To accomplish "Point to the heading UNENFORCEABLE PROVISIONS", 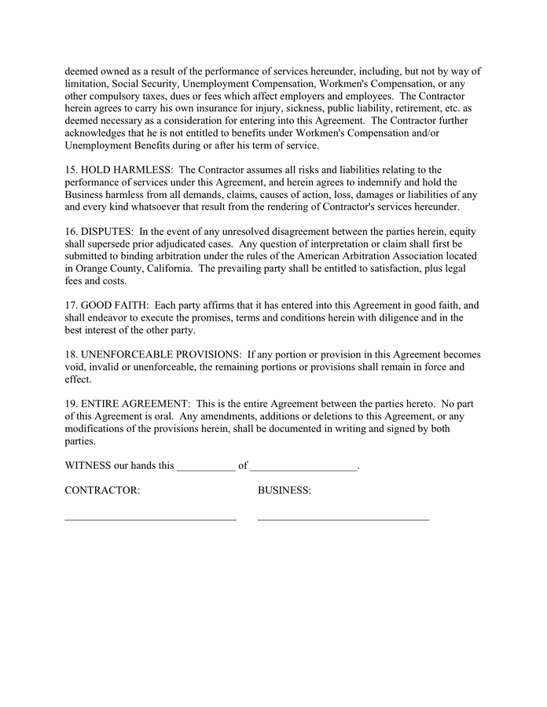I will pos(161,355).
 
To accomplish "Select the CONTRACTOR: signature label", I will pos(102,491).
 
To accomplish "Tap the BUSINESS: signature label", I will pos(285,491).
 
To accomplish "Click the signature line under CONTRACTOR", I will pos(150,519).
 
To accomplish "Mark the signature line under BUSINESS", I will pos(343,519).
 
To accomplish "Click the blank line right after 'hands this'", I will pos(206,468).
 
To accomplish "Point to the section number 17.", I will pos(71,306).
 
